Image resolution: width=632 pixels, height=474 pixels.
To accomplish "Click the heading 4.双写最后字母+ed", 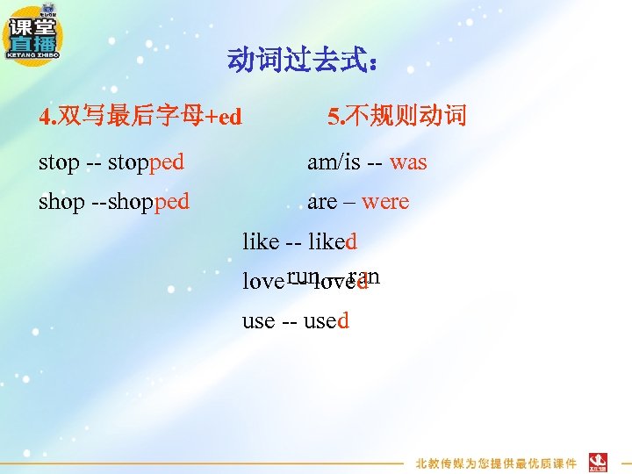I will (140, 116).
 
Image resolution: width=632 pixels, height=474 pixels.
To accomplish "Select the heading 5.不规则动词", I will (397, 116).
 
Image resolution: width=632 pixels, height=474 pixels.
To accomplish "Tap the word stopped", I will (147, 162).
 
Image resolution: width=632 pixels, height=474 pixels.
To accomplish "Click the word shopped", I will (147, 202).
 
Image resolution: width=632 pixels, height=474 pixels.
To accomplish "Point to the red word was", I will (408, 162).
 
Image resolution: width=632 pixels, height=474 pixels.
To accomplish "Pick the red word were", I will (385, 202).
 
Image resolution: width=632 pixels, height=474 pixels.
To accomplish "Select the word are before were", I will (322, 202).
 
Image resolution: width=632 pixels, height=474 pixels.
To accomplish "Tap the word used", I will (326, 320).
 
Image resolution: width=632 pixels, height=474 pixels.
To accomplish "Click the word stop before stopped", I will (59, 162).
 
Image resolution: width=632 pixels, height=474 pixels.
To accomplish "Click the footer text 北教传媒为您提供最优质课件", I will (496, 463).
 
